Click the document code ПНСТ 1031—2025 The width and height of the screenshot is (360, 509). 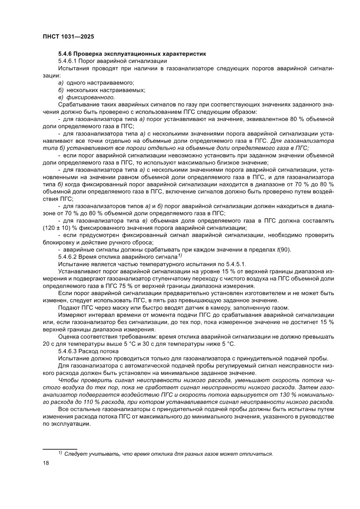coord(68,37)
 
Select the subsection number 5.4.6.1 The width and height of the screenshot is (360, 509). coord(67,61)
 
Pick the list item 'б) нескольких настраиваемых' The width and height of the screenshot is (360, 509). coord(101,90)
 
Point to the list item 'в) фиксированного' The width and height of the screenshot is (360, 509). coord(86,97)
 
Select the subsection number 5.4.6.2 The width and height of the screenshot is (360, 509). coord(67,256)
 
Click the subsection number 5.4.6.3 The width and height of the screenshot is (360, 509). coord(67,351)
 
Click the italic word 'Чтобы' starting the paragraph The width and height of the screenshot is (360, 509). coord(67,380)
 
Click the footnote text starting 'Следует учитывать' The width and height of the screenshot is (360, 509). coord(168,454)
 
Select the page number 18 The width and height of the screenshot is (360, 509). coord(46,463)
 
